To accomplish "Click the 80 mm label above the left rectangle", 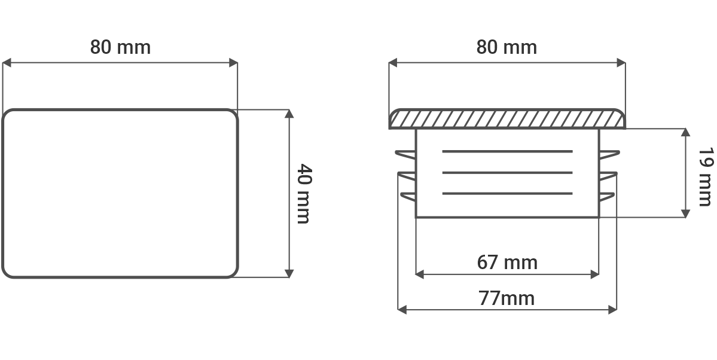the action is click(120, 47).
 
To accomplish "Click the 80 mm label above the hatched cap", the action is click(507, 47).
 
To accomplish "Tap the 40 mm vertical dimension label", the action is click(304, 194).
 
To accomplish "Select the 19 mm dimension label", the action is click(705, 176).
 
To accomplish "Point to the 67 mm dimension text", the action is click(507, 263).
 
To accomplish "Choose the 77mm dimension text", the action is click(507, 298).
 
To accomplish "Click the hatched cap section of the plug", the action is click(507, 119).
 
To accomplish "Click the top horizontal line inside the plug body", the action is click(507, 151).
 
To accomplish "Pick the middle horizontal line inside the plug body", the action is click(507, 172).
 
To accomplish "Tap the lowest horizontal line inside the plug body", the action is click(507, 194).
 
